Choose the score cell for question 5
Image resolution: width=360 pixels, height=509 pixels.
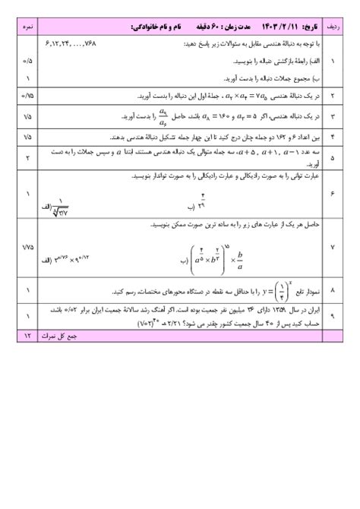tap(27, 158)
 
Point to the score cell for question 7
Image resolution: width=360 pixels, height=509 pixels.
tap(27, 248)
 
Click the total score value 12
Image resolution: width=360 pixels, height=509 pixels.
tap(27, 335)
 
